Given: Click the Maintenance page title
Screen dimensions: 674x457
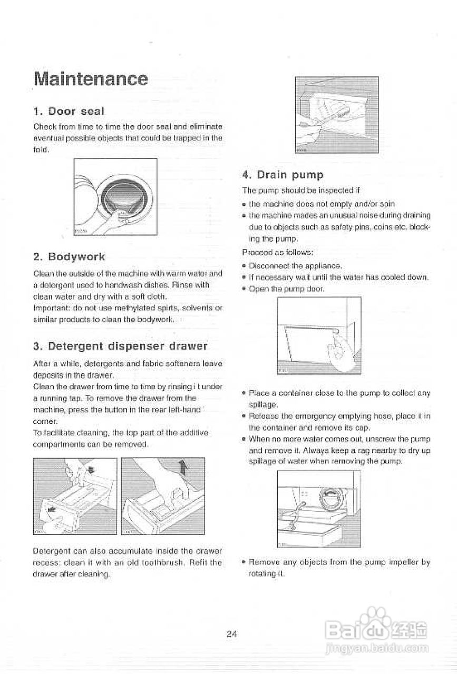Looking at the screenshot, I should coord(90,79).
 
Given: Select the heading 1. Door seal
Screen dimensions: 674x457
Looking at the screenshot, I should coord(69,111).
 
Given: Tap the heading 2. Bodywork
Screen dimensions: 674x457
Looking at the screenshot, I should coord(69,256).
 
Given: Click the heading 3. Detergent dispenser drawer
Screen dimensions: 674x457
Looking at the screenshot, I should coord(120,346).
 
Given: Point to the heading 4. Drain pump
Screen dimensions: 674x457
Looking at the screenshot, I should coord(283,174).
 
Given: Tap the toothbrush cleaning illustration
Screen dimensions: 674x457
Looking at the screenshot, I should coord(337,115).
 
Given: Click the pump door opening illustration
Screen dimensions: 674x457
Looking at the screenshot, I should coord(319,335).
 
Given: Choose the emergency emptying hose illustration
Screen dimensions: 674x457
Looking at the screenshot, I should coord(319,508).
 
